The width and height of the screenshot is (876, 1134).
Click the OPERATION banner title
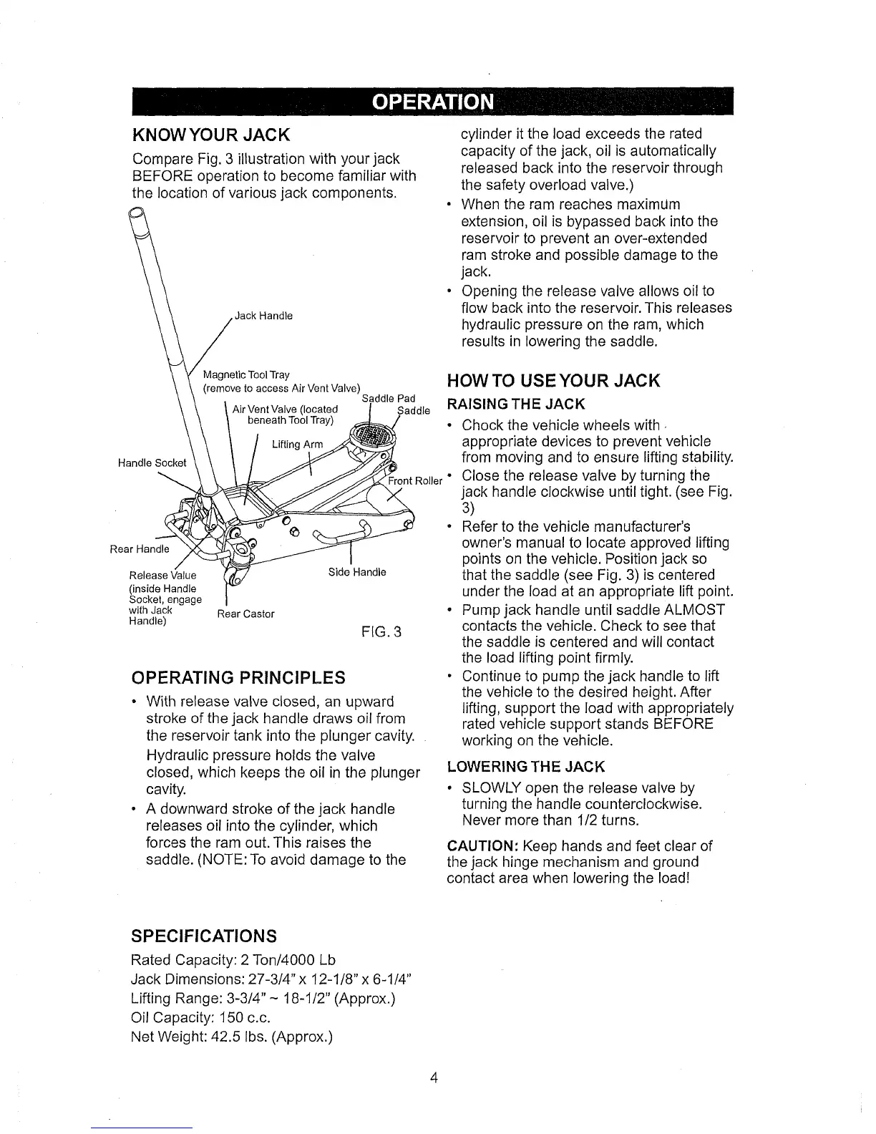(432, 103)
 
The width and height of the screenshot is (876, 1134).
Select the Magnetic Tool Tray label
(246, 374)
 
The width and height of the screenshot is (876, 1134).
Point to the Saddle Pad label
(389, 398)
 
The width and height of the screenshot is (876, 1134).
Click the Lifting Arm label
(298, 445)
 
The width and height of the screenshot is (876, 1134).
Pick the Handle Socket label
(152, 462)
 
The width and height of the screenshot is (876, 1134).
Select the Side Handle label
(357, 572)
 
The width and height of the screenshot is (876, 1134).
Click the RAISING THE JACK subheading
(516, 406)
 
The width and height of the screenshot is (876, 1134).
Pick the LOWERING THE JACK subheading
(526, 767)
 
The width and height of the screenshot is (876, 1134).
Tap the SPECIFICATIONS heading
(204, 936)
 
